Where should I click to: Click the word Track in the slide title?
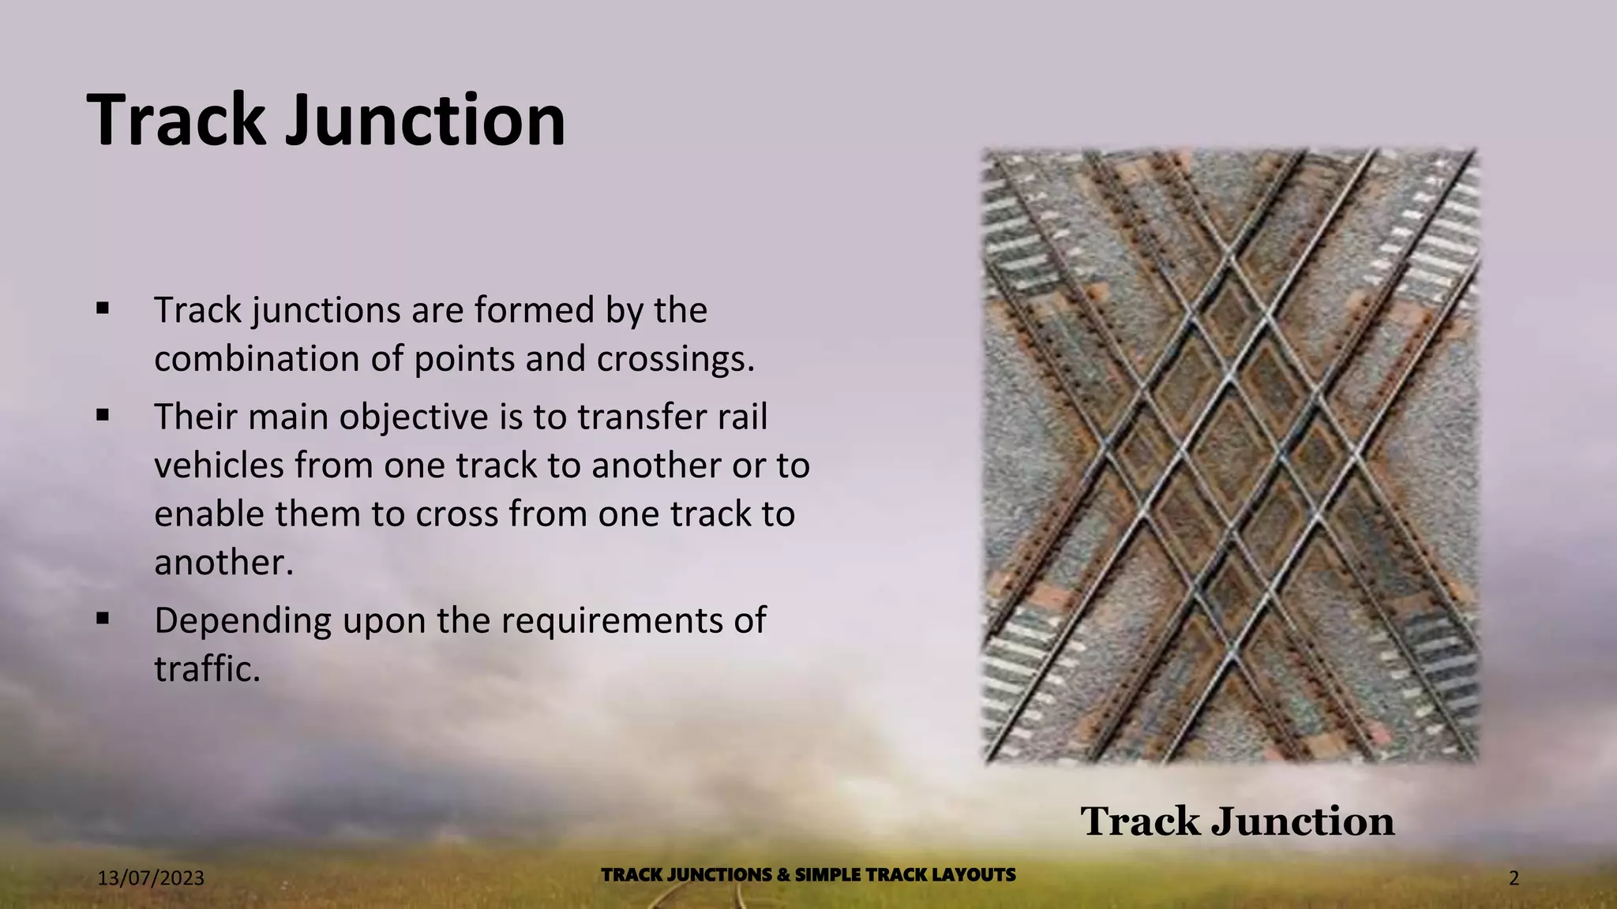(176, 120)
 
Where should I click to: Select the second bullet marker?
(103, 414)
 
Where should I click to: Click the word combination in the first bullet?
(257, 359)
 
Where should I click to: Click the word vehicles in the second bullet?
(219, 466)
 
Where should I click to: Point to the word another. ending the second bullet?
(223, 563)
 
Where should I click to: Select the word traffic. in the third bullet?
(207, 669)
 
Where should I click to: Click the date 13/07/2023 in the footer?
(151, 878)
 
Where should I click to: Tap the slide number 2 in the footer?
(1514, 878)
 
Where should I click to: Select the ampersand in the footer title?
(783, 875)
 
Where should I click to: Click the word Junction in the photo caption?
(1303, 822)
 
